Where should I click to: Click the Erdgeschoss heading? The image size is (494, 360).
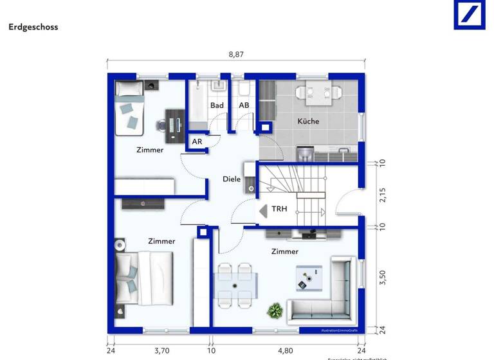tap(33, 28)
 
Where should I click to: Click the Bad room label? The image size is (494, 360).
tap(217, 105)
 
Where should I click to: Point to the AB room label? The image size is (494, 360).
tap(244, 105)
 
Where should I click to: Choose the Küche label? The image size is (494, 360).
tap(307, 121)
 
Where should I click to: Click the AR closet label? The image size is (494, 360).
tap(197, 141)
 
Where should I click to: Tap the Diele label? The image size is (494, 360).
tap(232, 179)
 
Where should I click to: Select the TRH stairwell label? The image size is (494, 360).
tap(279, 210)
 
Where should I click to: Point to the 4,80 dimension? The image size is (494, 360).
tap(285, 351)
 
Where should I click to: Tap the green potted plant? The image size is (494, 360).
tap(275, 311)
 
